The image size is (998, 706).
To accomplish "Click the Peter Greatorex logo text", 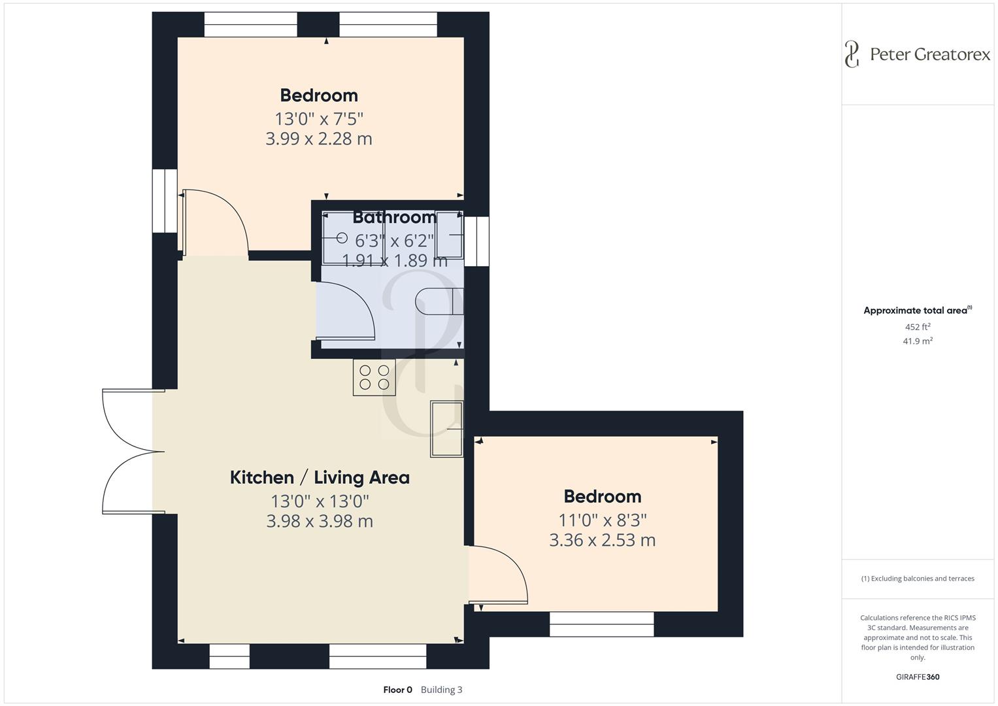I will (929, 54).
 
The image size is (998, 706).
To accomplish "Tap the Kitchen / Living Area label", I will (320, 478).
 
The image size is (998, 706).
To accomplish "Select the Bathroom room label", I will (395, 217).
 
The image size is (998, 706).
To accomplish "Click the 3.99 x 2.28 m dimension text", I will (318, 139).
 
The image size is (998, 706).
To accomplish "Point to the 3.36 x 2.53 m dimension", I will (602, 540).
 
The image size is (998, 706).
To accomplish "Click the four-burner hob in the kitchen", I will (374, 377).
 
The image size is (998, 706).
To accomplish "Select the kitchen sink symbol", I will (446, 429).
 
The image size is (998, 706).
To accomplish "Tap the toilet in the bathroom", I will (438, 301).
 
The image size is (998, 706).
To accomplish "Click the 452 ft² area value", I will (917, 327).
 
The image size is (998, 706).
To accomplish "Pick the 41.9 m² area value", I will (917, 341).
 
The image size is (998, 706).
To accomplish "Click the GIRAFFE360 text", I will (917, 677).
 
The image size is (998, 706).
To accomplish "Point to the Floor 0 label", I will (397, 690).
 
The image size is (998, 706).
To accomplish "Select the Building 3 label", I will (441, 690).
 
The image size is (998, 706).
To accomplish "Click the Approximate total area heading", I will (917, 311).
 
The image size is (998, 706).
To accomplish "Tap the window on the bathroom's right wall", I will (477, 241).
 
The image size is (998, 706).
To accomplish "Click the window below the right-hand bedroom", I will (601, 624).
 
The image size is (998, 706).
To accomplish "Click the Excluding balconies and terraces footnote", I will (917, 579).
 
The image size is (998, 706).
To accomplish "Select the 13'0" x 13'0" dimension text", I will (320, 501).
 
